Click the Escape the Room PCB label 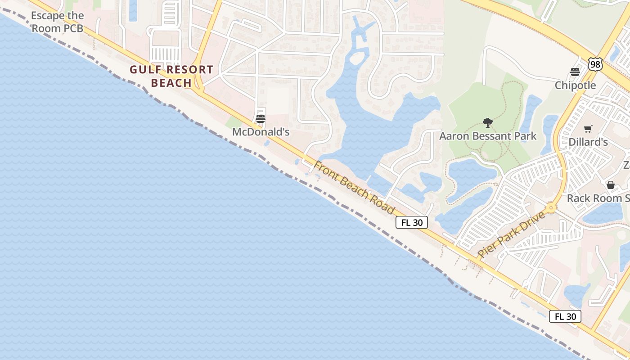(x=57, y=22)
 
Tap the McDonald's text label (x=261, y=132)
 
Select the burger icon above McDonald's (x=261, y=119)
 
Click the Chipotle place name (x=575, y=85)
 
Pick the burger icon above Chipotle (x=575, y=72)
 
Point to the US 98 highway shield (x=595, y=64)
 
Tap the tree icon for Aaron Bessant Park (x=487, y=122)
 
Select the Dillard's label (x=588, y=142)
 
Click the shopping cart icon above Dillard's (x=588, y=129)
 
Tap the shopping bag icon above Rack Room (x=611, y=185)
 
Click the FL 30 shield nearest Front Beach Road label (x=411, y=222)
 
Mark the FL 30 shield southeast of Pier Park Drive (x=565, y=316)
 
